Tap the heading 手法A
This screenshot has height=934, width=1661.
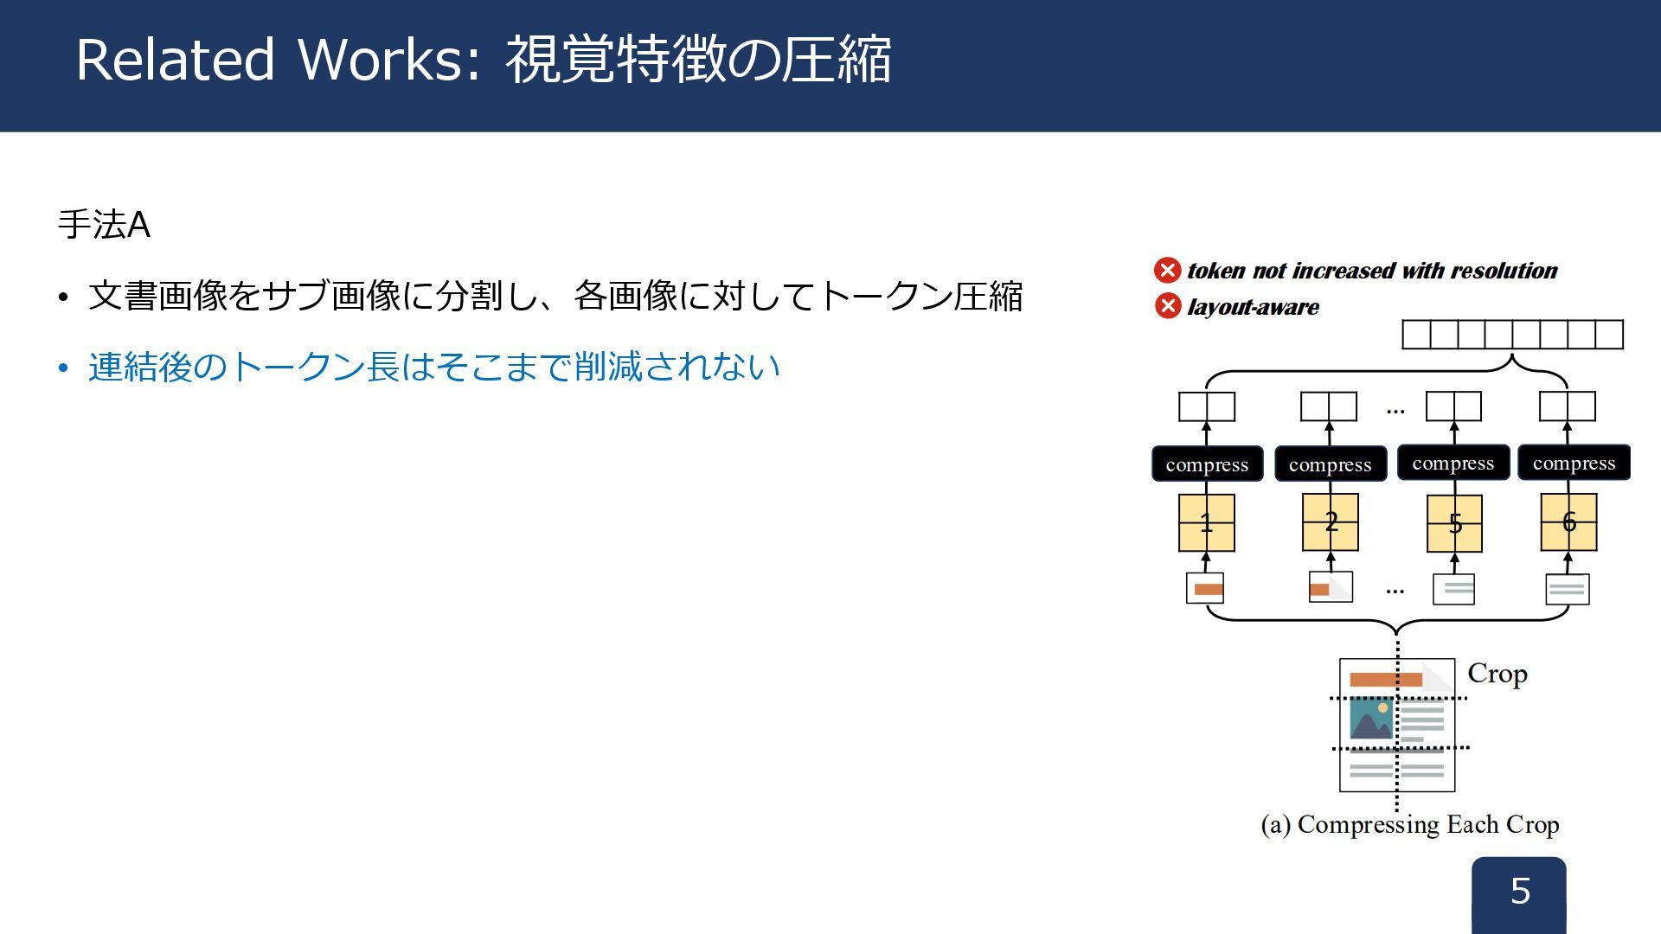[104, 225]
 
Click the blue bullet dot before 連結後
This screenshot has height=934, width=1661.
[63, 368]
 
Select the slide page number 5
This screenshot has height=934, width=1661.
[1520, 891]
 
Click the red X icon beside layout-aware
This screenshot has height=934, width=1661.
[1167, 306]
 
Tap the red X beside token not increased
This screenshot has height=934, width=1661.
[1167, 271]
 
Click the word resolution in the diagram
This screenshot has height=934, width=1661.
[1504, 271]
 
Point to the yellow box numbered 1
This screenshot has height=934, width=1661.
[1206, 522]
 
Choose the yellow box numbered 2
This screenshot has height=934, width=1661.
[1331, 521]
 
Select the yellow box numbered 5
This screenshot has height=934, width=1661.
[1454, 523]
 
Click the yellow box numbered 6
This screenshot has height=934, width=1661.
[1568, 521]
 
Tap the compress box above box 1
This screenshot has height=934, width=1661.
[1207, 464]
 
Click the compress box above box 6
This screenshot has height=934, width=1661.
[1574, 463]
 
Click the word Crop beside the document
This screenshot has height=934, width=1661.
[1497, 674]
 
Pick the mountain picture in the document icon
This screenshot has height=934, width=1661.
[1371, 719]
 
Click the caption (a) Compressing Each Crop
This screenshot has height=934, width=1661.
[1410, 825]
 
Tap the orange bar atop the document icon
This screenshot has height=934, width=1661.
[1385, 680]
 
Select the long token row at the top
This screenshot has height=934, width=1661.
[1512, 335]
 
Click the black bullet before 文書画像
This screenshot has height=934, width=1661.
[63, 298]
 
